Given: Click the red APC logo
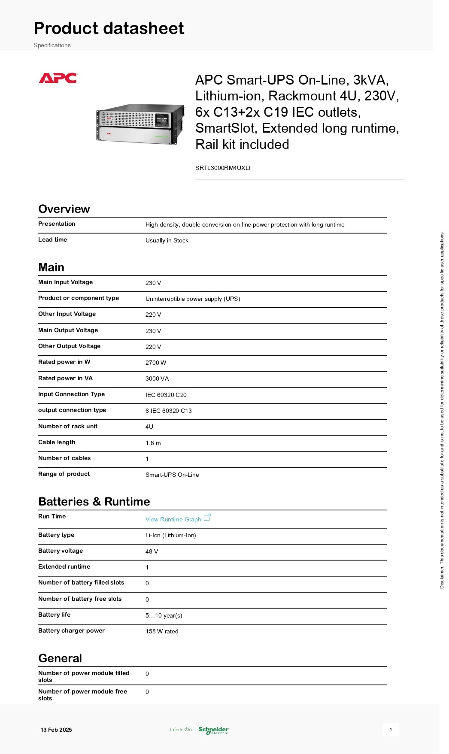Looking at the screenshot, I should click(58, 78).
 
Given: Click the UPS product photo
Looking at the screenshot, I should click(140, 124).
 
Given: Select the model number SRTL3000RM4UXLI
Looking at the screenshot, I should click(222, 168).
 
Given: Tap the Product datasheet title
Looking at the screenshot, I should click(109, 28).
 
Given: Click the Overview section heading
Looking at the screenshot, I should click(64, 209).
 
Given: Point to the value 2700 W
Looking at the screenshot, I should click(156, 363).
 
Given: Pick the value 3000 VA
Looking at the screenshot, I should click(157, 379).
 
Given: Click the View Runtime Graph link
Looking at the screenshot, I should click(173, 519).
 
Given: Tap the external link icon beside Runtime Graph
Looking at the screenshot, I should click(207, 517).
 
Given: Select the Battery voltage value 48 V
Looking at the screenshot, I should click(152, 551).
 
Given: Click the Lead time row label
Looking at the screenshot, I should click(52, 239).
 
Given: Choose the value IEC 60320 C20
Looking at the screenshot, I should click(166, 395).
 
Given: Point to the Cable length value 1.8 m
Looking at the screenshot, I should click(153, 443).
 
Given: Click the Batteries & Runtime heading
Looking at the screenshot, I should click(94, 502).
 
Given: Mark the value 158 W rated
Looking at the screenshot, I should click(162, 631).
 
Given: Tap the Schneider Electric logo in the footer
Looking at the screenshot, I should click(213, 730).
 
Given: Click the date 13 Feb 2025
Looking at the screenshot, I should click(56, 730).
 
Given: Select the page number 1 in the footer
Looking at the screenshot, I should click(391, 730).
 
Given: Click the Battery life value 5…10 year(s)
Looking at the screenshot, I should click(164, 615).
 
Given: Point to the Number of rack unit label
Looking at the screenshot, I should click(68, 426).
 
